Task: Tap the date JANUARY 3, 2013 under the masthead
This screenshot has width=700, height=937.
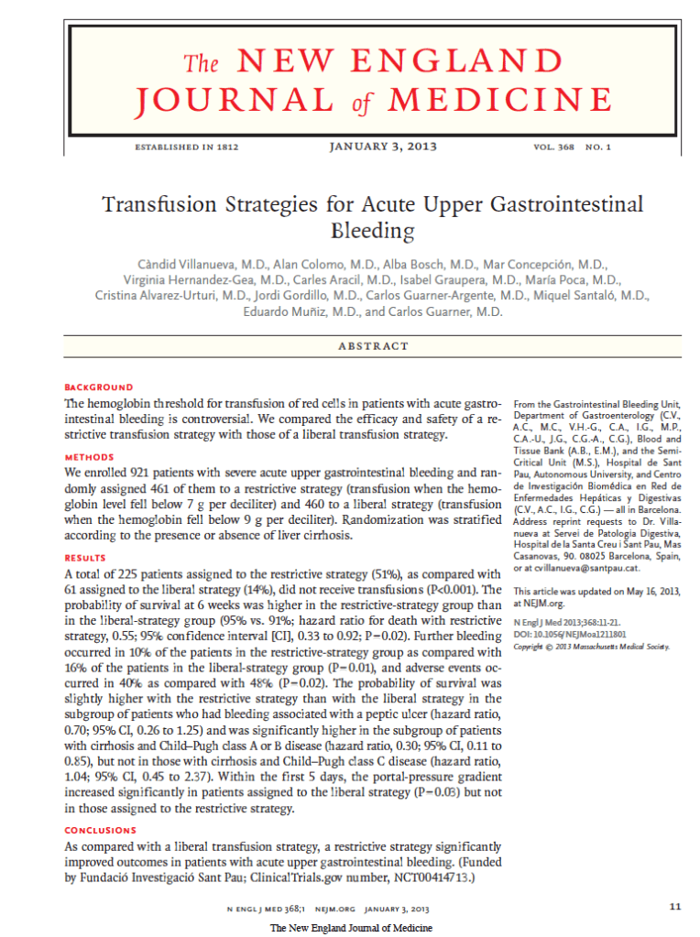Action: [382, 147]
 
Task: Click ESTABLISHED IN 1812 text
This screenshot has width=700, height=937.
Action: [186, 147]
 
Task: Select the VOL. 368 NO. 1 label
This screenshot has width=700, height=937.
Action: [570, 147]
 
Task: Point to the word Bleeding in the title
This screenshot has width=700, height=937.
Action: [373, 230]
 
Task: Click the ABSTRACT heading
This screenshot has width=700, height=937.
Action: [373, 345]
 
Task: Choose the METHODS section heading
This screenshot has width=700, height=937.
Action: [89, 457]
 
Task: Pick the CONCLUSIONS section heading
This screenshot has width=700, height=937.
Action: [100, 830]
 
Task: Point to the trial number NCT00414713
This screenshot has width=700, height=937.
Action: [425, 877]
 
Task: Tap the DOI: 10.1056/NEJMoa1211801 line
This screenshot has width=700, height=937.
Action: [570, 634]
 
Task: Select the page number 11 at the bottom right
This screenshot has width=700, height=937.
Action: [675, 907]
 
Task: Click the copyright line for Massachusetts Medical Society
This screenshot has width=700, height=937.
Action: [591, 646]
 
